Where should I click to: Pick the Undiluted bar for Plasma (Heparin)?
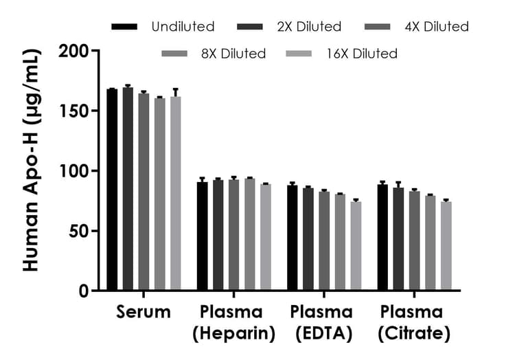tap(203, 236)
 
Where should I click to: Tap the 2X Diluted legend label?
tap(309, 27)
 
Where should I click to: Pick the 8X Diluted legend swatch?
tap(175, 53)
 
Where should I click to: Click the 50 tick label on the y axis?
tap(79, 231)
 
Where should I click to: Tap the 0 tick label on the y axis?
tap(84, 291)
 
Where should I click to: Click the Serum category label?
tap(144, 313)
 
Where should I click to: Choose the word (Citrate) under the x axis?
tap(414, 335)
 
